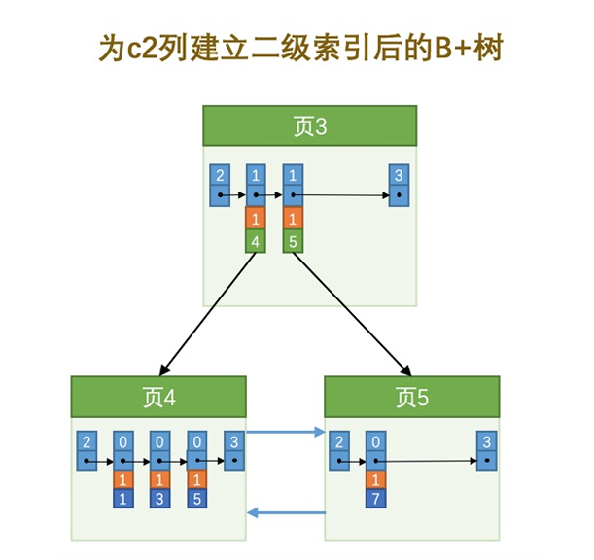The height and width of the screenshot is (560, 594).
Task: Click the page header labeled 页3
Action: (309, 126)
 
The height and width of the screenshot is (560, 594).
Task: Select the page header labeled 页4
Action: (158, 397)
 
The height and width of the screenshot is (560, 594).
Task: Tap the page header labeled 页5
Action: (411, 397)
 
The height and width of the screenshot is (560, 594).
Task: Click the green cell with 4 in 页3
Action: (256, 240)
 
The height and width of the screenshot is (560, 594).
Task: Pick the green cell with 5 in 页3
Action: (292, 240)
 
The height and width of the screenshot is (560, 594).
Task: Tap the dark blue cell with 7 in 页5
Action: (375, 499)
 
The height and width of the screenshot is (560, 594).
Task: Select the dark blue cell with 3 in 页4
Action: (159, 499)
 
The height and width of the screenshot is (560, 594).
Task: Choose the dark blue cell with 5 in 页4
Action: (195, 499)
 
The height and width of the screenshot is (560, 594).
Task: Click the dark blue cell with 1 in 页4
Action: (123, 499)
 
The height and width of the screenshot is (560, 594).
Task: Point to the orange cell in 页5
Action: (375, 479)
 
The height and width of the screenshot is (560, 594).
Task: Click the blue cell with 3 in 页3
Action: (398, 175)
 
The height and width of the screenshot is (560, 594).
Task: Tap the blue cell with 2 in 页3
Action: (221, 175)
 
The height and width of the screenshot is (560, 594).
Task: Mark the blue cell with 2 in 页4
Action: (87, 442)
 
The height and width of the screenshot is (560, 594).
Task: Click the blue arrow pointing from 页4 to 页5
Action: (287, 432)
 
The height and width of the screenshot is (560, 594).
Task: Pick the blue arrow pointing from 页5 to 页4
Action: (287, 512)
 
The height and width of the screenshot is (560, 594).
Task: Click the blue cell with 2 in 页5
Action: (339, 442)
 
